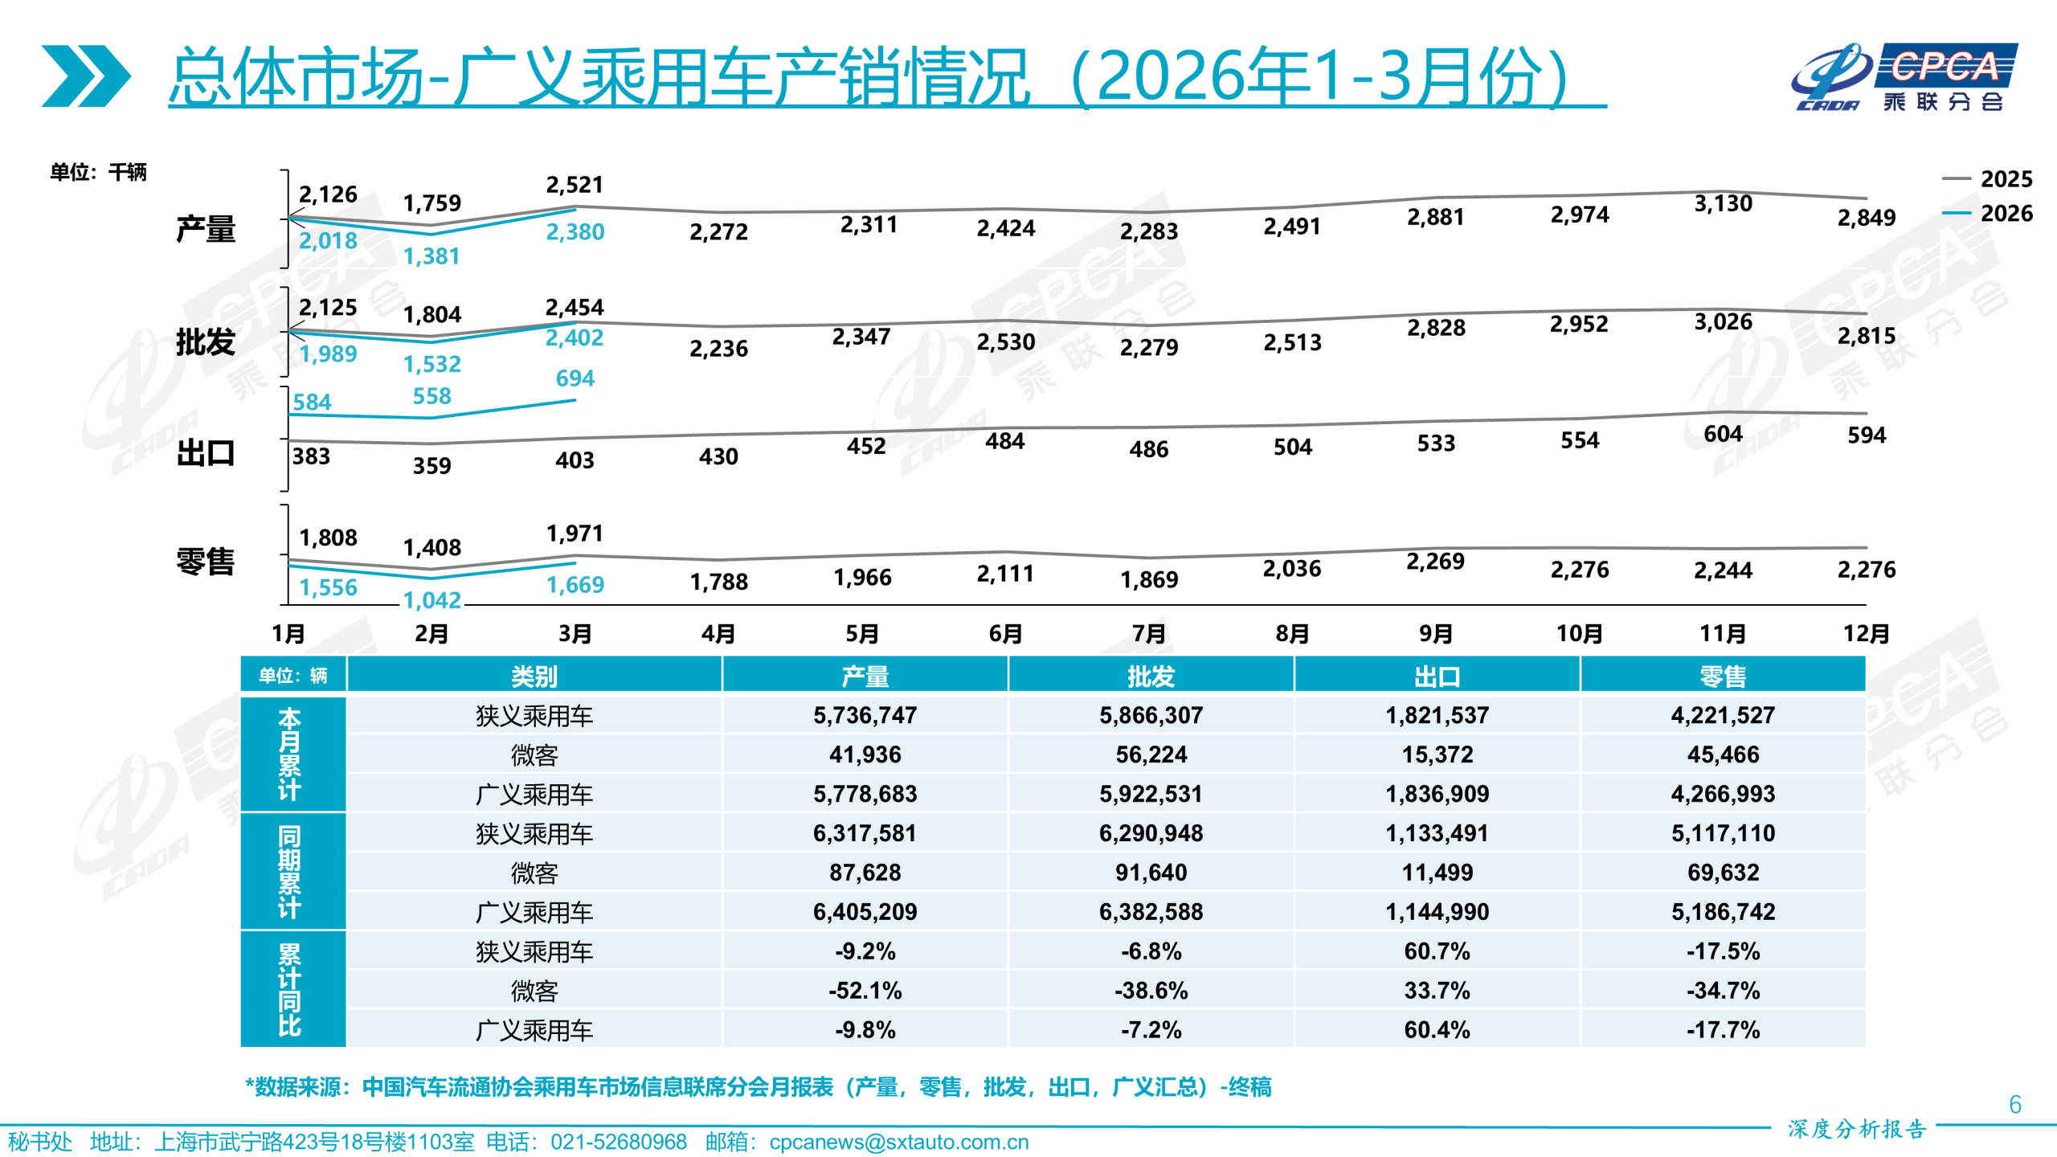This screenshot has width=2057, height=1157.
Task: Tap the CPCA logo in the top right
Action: tap(1904, 77)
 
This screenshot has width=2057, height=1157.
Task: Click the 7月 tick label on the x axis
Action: tap(1148, 634)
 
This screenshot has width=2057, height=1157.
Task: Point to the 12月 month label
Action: tap(1865, 634)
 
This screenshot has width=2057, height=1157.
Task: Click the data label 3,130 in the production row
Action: tap(1723, 204)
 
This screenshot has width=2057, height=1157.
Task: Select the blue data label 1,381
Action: tap(431, 257)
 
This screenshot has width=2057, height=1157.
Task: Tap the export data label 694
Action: tap(575, 378)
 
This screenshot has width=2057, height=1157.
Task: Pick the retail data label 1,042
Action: tap(431, 600)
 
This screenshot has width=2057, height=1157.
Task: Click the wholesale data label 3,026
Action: tap(1723, 322)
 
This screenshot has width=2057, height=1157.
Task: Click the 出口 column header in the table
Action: tap(1437, 677)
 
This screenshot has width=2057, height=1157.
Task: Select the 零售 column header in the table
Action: tap(1723, 677)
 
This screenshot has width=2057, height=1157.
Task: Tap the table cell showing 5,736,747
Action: tap(865, 715)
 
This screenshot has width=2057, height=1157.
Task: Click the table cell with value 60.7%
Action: tap(1437, 951)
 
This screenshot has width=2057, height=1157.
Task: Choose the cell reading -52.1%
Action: tap(865, 991)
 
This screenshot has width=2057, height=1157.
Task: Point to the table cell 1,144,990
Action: tap(1437, 912)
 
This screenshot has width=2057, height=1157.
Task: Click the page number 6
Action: tap(2014, 1105)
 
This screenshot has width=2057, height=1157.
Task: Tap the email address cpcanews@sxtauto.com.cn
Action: tap(898, 1142)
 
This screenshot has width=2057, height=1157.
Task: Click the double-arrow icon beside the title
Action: tap(86, 76)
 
